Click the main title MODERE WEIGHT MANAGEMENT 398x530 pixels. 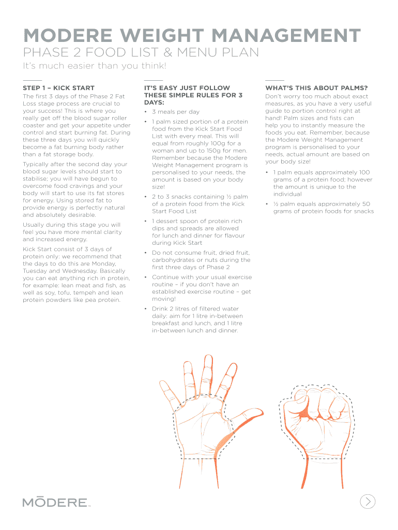192,36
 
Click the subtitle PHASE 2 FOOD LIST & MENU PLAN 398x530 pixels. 140,53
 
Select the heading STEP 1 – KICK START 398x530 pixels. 58,88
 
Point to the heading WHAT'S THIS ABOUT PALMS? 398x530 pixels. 316,88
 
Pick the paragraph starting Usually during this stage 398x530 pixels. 72,232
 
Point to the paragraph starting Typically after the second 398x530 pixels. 75,189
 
